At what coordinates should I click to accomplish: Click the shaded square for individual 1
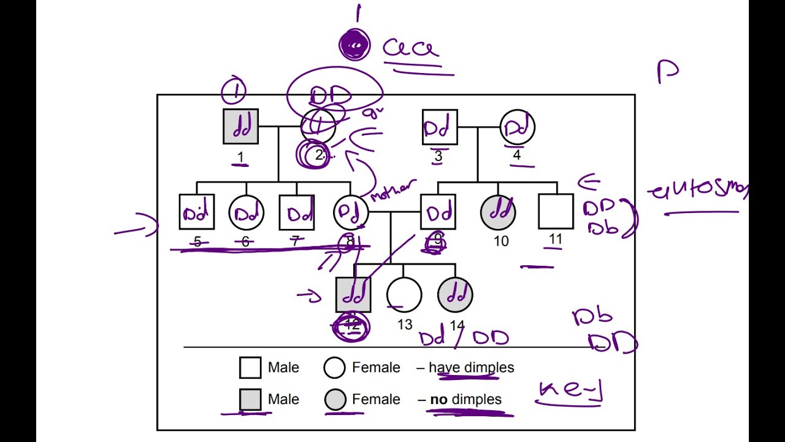pos(240,126)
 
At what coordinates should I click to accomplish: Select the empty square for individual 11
pos(556,212)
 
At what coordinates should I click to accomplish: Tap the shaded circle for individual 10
pos(498,212)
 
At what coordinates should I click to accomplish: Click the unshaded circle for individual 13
pos(404,295)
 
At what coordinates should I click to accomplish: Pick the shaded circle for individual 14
pos(455,295)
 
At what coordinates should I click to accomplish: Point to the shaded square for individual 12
pos(354,295)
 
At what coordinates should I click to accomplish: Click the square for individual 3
pos(440,127)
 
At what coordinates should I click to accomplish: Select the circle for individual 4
pos(518,127)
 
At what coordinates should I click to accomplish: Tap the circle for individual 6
pos(246,212)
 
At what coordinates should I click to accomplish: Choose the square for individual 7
pos(297,212)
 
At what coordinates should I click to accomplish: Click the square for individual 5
pos(196,212)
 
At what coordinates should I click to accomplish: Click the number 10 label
pos(501,241)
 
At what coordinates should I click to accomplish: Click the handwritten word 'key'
pos(570,390)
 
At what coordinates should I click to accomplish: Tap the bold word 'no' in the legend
pos(438,400)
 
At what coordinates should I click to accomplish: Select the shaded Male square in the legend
pos(250,400)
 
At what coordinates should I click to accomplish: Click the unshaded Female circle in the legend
pos(335,368)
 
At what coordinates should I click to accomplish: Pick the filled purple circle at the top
pos(355,45)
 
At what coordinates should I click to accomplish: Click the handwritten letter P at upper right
pos(667,71)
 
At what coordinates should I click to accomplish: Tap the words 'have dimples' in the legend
pos(471,368)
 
